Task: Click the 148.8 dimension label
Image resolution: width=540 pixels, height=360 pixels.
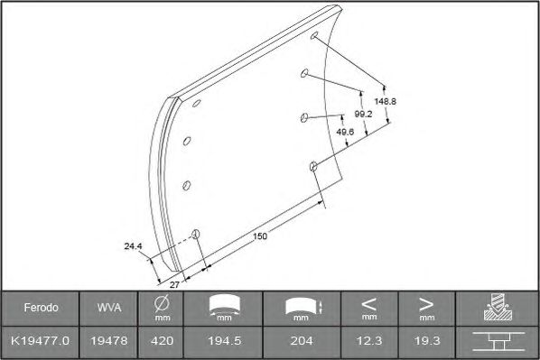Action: coord(385,102)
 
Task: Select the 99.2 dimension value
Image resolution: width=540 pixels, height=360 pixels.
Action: coord(363,114)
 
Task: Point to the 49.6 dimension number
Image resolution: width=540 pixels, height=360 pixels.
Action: coord(345,132)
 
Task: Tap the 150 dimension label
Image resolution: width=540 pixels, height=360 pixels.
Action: coord(260,236)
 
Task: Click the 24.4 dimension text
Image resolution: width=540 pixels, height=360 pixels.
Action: coord(133,246)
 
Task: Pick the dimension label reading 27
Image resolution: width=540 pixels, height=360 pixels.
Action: coord(174,285)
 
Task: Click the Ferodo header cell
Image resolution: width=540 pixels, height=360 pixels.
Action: coord(41,308)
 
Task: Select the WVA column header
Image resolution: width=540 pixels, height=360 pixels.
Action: coord(109,308)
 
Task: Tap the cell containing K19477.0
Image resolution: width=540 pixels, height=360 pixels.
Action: coord(41,341)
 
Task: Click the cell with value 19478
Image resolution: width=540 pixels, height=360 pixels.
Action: coord(109,341)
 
